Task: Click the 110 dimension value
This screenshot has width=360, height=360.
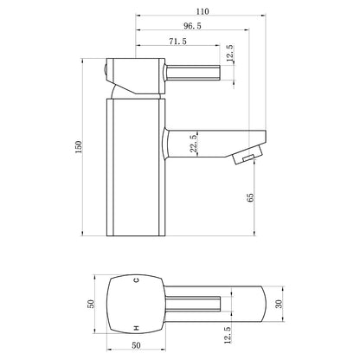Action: click(202, 11)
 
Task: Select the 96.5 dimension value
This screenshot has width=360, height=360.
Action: click(192, 26)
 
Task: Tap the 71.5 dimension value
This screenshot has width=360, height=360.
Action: click(177, 42)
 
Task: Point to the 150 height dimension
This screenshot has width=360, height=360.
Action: click(79, 147)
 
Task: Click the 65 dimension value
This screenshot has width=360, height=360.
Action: click(251, 197)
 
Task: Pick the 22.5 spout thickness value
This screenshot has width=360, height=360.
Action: click(194, 143)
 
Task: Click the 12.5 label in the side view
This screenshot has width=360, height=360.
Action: click(230, 54)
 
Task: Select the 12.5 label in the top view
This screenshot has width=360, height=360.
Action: click(228, 335)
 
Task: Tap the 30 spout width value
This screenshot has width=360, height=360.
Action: click(279, 304)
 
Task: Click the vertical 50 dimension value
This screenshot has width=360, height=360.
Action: click(91, 304)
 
